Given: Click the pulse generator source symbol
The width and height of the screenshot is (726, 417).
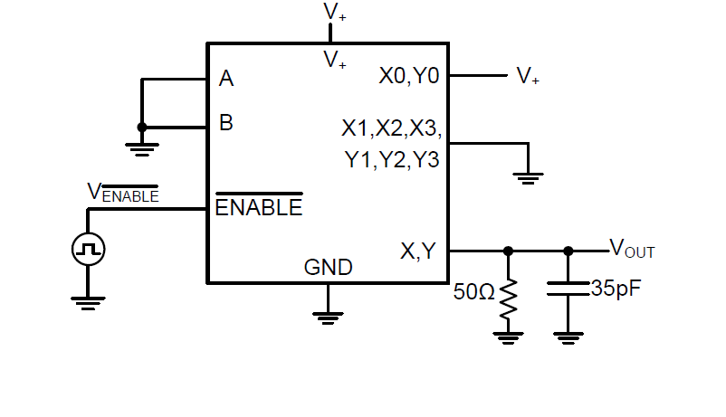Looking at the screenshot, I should click(x=88, y=249).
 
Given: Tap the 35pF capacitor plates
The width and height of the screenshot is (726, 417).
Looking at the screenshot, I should click(x=568, y=290).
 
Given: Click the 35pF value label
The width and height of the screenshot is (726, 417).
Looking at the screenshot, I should click(x=616, y=289).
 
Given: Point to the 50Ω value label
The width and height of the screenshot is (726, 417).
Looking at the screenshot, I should click(x=473, y=292).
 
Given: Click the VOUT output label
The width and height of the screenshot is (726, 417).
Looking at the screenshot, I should click(x=632, y=248).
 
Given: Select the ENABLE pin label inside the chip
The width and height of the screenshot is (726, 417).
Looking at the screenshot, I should click(x=258, y=207).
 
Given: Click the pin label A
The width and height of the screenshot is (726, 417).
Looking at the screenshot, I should click(x=226, y=80).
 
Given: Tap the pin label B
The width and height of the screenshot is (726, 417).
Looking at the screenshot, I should click(x=226, y=123).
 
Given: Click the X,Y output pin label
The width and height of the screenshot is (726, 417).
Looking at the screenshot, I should click(x=418, y=251).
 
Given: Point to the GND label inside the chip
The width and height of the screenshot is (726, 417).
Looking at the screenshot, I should click(x=328, y=268).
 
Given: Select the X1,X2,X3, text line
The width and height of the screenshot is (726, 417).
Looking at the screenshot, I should click(x=391, y=128).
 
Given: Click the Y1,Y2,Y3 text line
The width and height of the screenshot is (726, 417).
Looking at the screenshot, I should click(x=391, y=161).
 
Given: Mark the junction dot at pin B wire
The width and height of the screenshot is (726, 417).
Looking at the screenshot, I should click(x=141, y=128).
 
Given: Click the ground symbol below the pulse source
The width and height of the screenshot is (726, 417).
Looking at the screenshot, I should click(x=88, y=302).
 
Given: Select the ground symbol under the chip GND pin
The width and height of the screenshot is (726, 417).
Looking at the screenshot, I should click(x=328, y=316).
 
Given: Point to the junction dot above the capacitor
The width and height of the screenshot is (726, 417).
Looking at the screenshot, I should click(x=568, y=251).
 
